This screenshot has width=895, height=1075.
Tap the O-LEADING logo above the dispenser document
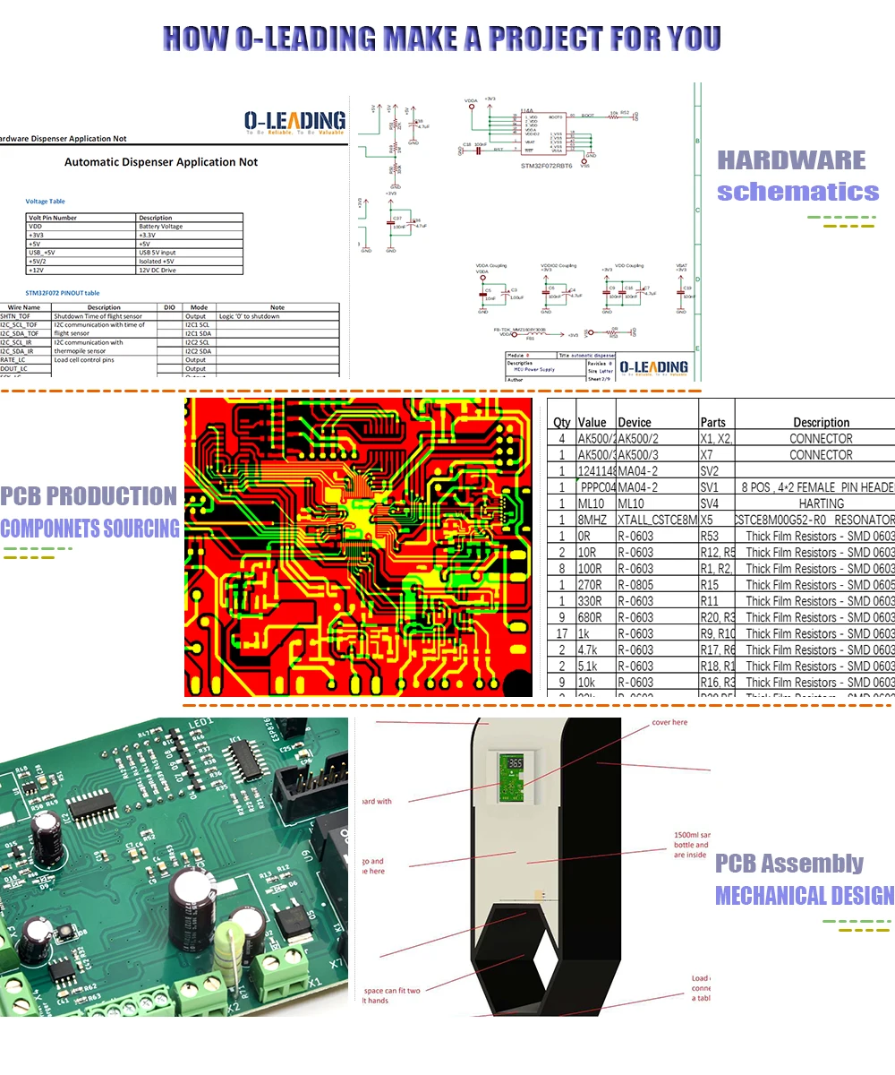click(294, 123)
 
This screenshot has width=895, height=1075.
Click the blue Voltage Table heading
click(45, 202)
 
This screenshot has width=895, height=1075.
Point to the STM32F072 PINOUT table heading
click(62, 293)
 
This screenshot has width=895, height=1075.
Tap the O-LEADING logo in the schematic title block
click(653, 367)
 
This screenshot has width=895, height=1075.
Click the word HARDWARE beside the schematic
click(791, 161)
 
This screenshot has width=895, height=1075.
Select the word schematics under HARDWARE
click(797, 192)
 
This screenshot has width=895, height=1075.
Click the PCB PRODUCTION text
click(89, 496)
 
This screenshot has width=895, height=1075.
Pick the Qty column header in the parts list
click(562, 422)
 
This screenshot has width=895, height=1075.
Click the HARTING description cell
click(821, 503)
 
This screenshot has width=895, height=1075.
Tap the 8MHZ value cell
click(592, 520)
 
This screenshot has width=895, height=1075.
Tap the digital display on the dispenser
click(515, 764)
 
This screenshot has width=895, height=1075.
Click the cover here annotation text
click(669, 722)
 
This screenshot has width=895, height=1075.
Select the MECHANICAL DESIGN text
click(804, 895)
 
